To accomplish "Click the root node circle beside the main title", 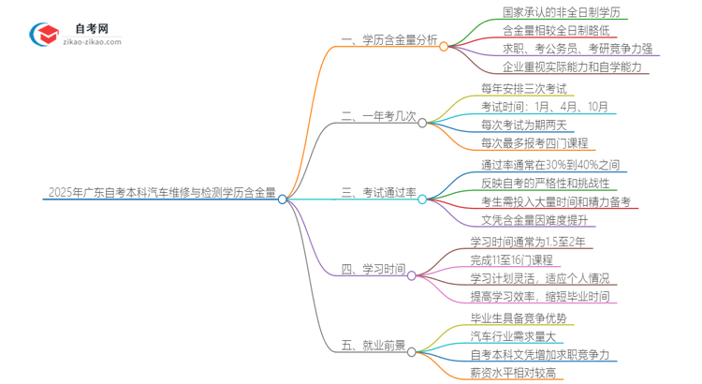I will pyautogui.click(x=283, y=199).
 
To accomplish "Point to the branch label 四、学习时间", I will pyautogui.click(x=373, y=270).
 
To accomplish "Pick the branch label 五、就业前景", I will pyautogui.click(x=373, y=346).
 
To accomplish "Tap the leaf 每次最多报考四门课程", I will pyautogui.click(x=534, y=142).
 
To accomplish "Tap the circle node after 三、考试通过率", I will pyautogui.click(x=422, y=199).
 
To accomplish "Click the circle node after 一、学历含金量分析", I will pyautogui.click(x=445, y=44).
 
